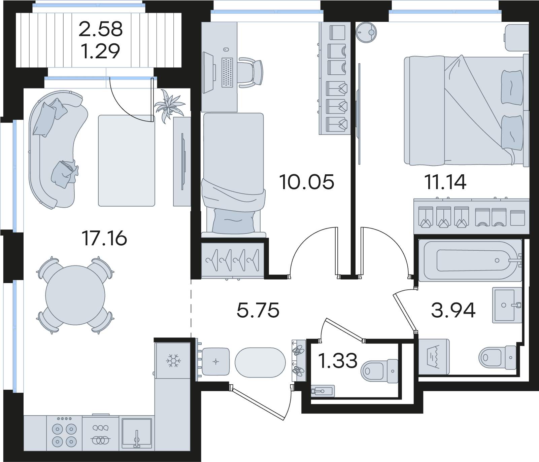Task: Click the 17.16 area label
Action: [104, 238]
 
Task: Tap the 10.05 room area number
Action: [307, 182]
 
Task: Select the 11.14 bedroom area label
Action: [445, 182]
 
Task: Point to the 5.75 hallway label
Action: [258, 310]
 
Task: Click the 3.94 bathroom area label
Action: [453, 310]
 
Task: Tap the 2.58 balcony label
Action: [101, 29]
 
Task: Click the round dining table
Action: [75, 295]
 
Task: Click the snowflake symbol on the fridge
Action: [173, 360]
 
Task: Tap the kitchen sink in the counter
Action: [136, 433]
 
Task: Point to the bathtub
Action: [470, 260]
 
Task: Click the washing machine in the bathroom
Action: [434, 357]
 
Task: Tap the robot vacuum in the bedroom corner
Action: [366, 32]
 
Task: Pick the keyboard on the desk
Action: [227, 72]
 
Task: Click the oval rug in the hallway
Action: [260, 363]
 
